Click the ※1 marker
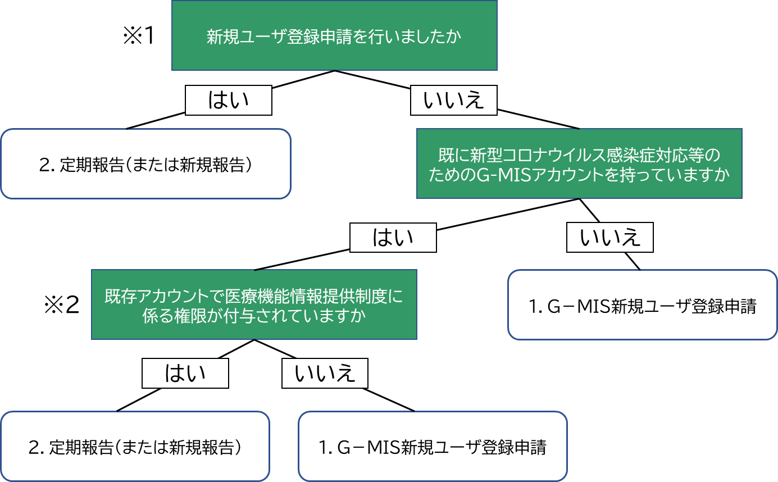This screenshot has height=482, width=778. point(142,36)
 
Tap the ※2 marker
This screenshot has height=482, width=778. point(63,305)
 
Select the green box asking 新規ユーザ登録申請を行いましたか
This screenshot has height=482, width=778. point(334,35)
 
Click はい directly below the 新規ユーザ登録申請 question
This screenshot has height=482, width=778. point(228,101)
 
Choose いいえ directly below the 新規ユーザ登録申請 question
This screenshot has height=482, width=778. point(453,101)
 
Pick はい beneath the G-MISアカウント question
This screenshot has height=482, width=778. point(393,238)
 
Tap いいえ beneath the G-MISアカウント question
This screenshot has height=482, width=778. point(609,238)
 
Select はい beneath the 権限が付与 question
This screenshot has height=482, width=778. point(185,373)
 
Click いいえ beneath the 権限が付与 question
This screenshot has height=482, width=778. point(325,373)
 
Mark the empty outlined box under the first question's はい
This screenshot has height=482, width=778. point(145,164)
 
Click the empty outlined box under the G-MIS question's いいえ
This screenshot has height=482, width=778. point(642,304)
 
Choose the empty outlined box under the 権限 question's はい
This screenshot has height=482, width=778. point(135,446)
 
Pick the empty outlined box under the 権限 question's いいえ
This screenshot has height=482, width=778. point(432,446)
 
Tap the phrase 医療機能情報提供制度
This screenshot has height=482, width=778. point(309,296)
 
